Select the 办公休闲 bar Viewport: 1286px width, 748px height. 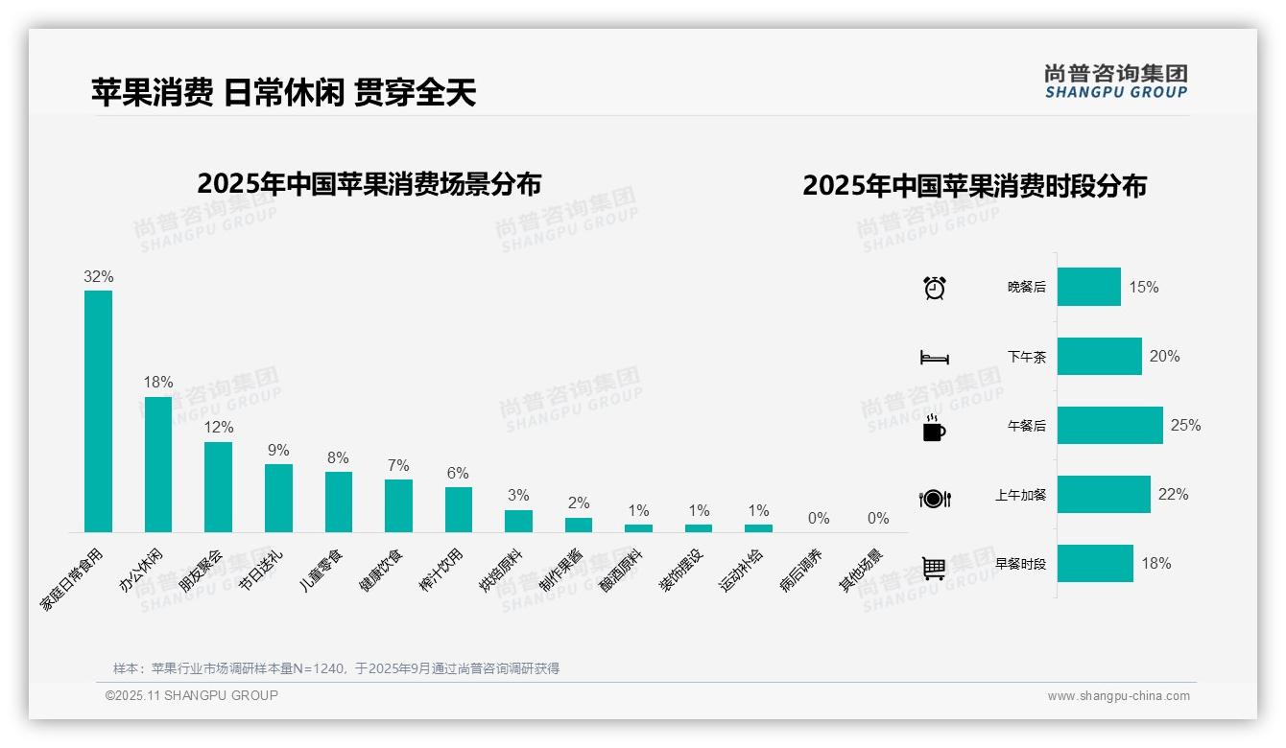(158, 464)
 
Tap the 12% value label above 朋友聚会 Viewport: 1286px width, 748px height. (219, 427)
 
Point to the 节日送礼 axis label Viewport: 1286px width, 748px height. (261, 571)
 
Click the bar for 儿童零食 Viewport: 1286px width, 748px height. (339, 502)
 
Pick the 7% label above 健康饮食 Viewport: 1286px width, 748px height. (398, 465)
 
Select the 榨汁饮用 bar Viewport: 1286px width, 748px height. (459, 509)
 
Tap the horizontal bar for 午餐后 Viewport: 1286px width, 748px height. (1109, 425)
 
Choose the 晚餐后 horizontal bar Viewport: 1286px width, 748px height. (1088, 287)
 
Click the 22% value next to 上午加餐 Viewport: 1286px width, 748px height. (1173, 494)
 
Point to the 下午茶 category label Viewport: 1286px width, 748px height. (1026, 357)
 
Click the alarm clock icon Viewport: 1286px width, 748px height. (934, 288)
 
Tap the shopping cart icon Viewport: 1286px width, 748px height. (934, 568)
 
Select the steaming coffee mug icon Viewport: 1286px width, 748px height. (934, 428)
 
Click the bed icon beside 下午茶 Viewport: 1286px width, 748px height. (934, 358)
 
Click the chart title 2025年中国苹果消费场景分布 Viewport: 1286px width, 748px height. (369, 184)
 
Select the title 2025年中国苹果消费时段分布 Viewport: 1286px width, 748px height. (974, 186)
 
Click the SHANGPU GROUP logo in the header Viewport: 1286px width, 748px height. (1115, 82)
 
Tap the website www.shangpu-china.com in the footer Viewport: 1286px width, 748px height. (1118, 696)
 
